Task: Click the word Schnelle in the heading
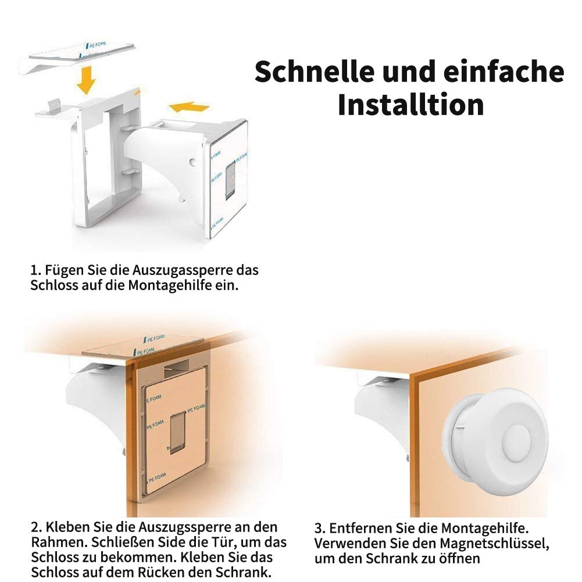[x=315, y=72]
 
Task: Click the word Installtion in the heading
[x=410, y=105]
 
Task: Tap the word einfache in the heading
[x=504, y=72]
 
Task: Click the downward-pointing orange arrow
[x=87, y=80]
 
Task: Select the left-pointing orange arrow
[x=189, y=107]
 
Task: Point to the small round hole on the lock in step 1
[x=192, y=162]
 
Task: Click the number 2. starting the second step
[x=36, y=527]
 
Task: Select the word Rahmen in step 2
[x=59, y=542]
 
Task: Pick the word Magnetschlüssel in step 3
[x=494, y=544]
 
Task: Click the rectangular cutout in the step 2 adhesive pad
[x=177, y=432]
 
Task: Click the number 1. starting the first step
[x=35, y=270]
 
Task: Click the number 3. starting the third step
[x=320, y=528]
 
